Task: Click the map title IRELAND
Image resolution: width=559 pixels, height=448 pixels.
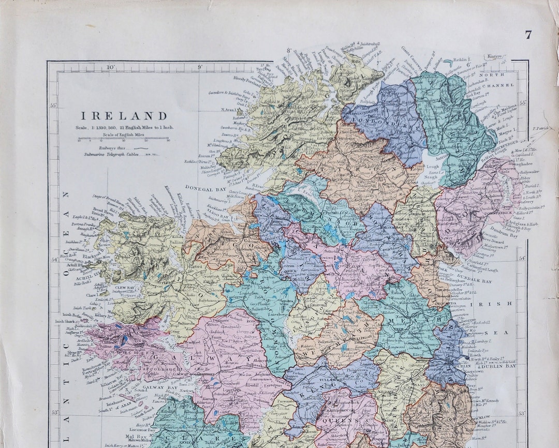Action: click(x=123, y=116)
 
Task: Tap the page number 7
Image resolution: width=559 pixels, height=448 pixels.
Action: click(x=528, y=35)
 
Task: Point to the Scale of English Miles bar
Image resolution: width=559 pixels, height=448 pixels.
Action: click(x=123, y=139)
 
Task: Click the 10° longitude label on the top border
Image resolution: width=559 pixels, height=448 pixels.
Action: click(x=110, y=67)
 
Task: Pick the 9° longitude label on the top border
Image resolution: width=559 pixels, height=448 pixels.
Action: click(x=200, y=67)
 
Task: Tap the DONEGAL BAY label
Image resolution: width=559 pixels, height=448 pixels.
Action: click(x=205, y=190)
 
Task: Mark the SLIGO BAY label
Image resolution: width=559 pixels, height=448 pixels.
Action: click(x=219, y=216)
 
